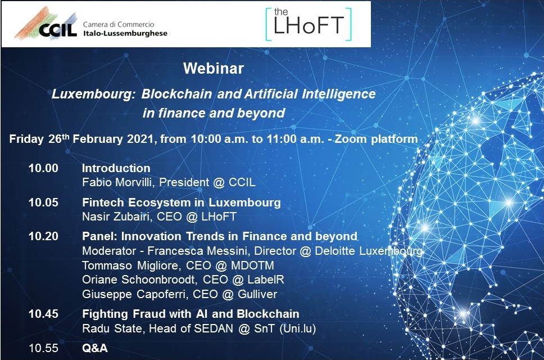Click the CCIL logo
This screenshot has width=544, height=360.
point(91,24)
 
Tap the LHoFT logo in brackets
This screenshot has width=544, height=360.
point(309,24)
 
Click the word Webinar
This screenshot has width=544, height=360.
point(214,69)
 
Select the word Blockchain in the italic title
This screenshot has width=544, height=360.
point(176,94)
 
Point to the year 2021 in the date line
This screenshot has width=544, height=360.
point(140,139)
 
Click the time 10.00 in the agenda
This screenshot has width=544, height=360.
point(43,168)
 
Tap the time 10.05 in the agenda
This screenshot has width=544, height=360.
point(43,202)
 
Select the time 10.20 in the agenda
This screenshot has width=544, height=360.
point(43,236)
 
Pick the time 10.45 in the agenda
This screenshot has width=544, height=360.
point(43,314)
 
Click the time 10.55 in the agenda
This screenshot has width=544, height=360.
point(43,348)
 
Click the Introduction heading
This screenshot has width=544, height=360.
point(116,168)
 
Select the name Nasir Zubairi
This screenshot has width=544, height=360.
point(116,217)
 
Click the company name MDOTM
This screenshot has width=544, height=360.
point(252,265)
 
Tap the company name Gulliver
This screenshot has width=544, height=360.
point(257,294)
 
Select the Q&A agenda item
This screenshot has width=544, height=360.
point(95,348)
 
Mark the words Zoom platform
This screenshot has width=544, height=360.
point(376,139)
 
